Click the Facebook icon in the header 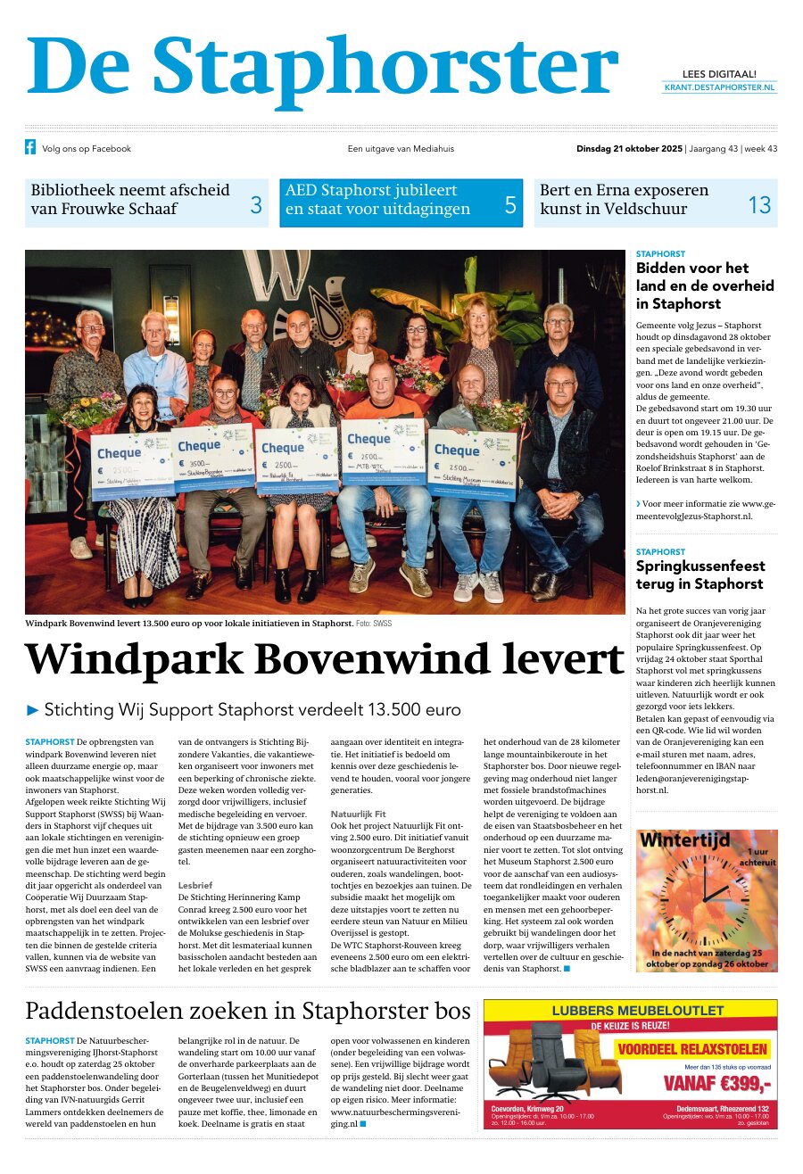tap(30, 148)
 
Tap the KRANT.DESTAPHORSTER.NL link tap(719, 87)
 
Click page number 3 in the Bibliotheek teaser tap(255, 205)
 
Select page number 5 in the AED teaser tap(510, 205)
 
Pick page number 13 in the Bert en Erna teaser tap(758, 205)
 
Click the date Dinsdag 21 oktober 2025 tap(629, 149)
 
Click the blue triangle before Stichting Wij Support tap(33, 710)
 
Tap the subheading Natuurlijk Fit tap(358, 839)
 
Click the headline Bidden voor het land tap(704, 285)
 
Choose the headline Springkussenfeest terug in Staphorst tap(700, 575)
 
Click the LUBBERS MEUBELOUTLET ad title tap(637, 1011)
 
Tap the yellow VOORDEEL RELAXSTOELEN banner tap(691, 1049)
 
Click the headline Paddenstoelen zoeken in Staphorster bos tap(248, 1011)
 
